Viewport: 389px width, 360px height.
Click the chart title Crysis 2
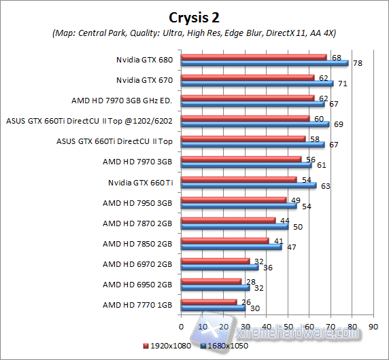(x=194, y=16)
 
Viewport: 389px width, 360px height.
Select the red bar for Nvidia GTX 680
(x=254, y=57)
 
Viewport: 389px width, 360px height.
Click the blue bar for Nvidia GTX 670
(x=258, y=84)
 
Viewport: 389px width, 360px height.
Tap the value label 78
(x=355, y=63)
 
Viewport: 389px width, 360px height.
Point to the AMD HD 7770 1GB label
(x=137, y=304)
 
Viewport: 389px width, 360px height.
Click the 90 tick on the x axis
(x=373, y=327)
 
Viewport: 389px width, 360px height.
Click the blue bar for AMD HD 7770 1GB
(x=214, y=308)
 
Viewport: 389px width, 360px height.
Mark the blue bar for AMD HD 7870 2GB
(x=235, y=226)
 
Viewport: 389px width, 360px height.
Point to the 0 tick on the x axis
(x=182, y=327)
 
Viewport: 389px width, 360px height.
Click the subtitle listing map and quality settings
(x=194, y=33)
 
